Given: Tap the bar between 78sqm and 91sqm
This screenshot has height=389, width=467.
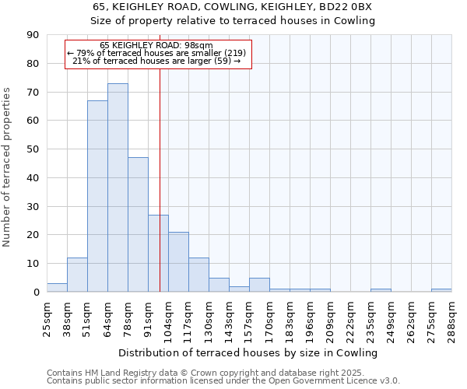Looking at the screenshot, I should [x=138, y=225].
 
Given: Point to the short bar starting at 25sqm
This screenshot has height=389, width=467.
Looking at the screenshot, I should [x=57, y=287].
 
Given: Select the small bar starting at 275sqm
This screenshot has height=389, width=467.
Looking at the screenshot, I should [x=441, y=290].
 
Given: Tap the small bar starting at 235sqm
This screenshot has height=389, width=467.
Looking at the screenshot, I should [x=381, y=290].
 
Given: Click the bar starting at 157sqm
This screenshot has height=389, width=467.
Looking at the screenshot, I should [x=259, y=285].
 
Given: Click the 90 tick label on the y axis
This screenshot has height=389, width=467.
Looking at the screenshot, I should [x=33, y=35].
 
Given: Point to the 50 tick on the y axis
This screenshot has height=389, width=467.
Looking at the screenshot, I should [x=33, y=149].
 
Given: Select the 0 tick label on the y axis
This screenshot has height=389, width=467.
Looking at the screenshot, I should [x=36, y=293].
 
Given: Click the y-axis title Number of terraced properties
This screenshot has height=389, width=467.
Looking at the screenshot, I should [x=7, y=167].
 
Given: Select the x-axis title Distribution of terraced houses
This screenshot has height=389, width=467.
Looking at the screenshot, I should [x=249, y=352].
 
